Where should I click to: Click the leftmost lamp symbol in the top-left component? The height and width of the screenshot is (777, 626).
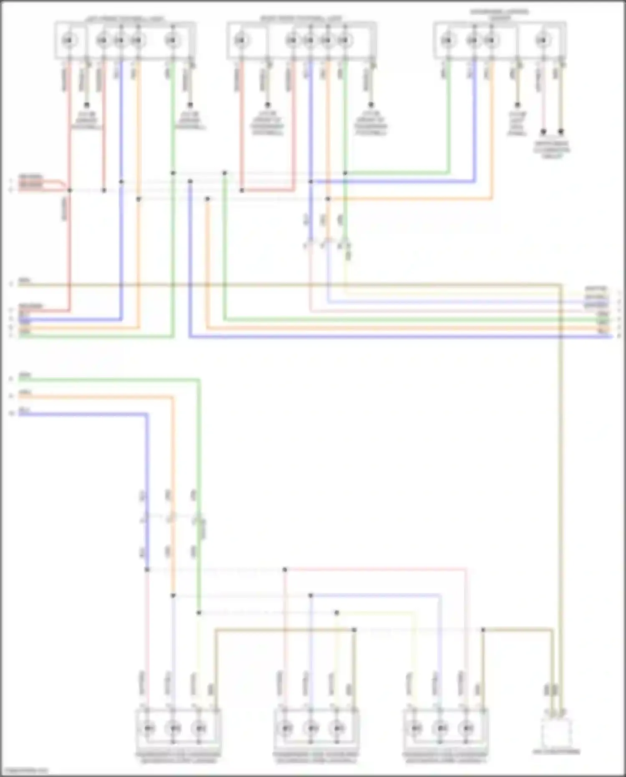pos(68,40)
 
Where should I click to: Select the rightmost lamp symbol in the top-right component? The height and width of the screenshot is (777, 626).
pos(541,40)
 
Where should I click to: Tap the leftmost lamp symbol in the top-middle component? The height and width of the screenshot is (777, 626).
pos(239,40)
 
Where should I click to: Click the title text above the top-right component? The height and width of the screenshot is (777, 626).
pos(500,15)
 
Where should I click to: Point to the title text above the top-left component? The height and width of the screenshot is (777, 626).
pos(125,19)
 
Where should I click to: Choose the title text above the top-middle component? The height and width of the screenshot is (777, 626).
pos(301,19)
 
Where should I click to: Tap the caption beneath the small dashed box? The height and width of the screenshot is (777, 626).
pos(556,752)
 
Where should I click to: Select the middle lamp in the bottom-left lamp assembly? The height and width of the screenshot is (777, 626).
pos(173,729)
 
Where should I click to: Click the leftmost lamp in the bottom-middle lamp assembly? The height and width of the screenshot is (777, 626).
pos(285,729)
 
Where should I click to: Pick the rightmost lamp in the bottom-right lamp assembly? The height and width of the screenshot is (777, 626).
pos(466,729)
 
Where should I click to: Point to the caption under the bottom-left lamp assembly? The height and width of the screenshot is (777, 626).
pos(178,757)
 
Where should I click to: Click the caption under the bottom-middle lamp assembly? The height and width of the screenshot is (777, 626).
pos(316,757)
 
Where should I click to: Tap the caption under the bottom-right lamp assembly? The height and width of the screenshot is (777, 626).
pos(445,757)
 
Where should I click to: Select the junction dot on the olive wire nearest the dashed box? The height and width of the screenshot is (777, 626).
pos(483,630)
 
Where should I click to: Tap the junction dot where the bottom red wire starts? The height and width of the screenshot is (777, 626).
pos(285,569)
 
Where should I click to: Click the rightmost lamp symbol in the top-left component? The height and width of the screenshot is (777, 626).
pos(171,40)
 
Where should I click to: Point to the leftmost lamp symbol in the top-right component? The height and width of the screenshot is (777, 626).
pos(447,40)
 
